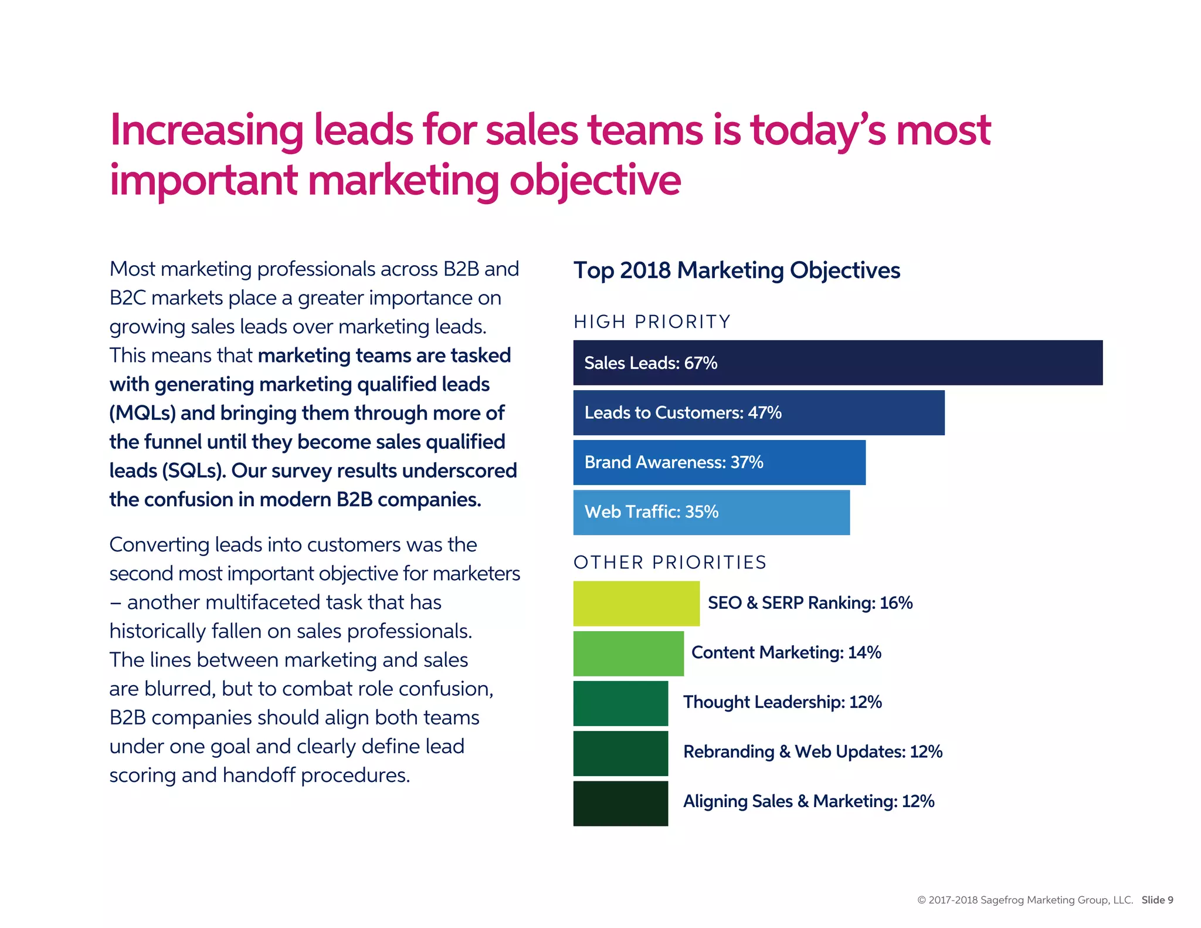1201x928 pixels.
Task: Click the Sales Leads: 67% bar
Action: [x=837, y=363]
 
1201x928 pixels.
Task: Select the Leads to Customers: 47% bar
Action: [x=759, y=412]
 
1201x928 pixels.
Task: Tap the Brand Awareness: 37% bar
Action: [x=719, y=462]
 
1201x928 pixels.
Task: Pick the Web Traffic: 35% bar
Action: [x=711, y=512]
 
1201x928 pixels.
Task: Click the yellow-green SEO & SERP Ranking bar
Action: [x=636, y=603]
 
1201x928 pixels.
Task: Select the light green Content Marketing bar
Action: [x=628, y=653]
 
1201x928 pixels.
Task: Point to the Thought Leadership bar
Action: [x=620, y=703]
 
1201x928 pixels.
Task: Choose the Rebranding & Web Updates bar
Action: [x=620, y=753]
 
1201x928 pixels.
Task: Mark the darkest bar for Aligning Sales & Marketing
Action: [x=620, y=802]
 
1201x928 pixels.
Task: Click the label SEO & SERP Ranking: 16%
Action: [x=810, y=603]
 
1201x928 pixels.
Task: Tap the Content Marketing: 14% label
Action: [x=786, y=652]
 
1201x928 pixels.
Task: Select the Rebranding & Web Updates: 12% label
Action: [x=812, y=752]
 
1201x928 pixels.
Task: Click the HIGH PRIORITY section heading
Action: [x=652, y=321]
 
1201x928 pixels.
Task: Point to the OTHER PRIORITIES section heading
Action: [x=670, y=562]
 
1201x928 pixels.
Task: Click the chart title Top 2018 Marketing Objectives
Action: [x=737, y=270]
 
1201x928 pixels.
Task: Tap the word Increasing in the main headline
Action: [x=206, y=130]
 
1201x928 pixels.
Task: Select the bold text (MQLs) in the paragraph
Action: [x=142, y=413]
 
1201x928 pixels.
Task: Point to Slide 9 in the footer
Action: [x=1157, y=900]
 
